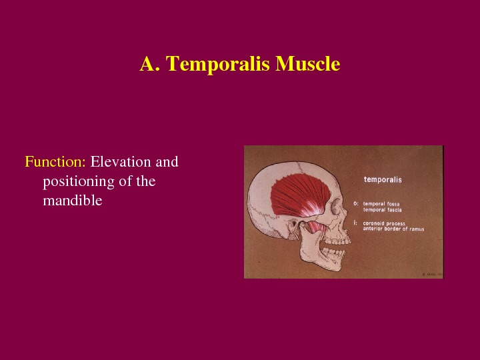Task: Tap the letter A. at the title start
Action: (149, 64)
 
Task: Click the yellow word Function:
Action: (55, 162)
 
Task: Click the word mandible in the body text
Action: (72, 199)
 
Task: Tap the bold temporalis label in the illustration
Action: (382, 179)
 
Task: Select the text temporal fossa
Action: (381, 203)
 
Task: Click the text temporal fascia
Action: (382, 210)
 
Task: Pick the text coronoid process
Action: (385, 223)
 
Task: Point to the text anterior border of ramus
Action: (393, 229)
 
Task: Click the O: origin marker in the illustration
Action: (356, 203)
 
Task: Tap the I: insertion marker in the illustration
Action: (356, 223)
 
